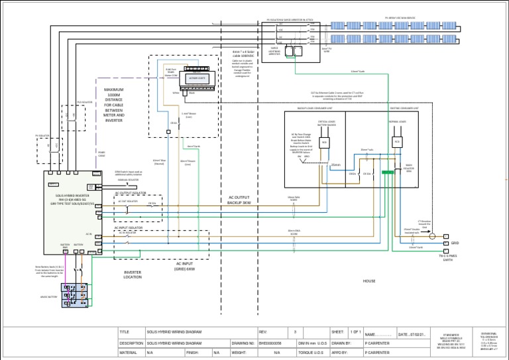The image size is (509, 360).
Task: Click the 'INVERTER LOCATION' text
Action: pyautogui.click(x=133, y=274)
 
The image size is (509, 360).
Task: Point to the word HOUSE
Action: pyautogui.click(x=369, y=281)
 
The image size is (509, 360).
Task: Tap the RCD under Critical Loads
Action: pyautogui.click(x=325, y=143)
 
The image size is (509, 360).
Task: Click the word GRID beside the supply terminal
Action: pyautogui.click(x=455, y=243)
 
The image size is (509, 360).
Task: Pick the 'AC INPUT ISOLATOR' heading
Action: pyautogui.click(x=129, y=227)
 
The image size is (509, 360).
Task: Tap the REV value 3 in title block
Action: pyautogui.click(x=295, y=331)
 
